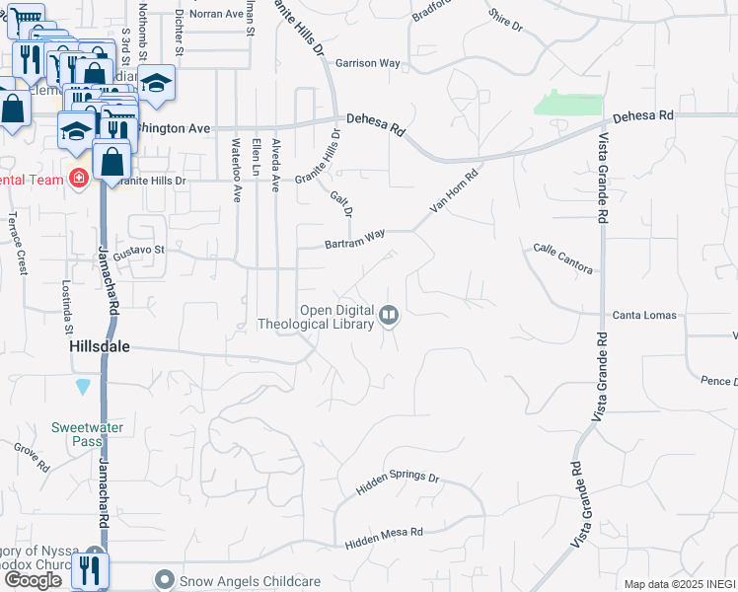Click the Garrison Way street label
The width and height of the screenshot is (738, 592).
coord(368,63)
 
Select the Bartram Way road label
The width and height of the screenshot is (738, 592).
coord(355,240)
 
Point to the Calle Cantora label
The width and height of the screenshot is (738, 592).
coord(562,259)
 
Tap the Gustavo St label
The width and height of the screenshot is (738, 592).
coord(138,254)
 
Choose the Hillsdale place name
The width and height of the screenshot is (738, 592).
coord(100,348)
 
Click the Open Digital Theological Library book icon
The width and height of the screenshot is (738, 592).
coord(389,316)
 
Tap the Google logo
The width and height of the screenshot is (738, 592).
coord(33,580)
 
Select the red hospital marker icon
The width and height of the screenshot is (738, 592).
coord(78,179)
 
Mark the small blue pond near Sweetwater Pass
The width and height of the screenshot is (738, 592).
coord(82,385)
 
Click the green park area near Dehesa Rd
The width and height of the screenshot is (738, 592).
coord(567,104)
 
